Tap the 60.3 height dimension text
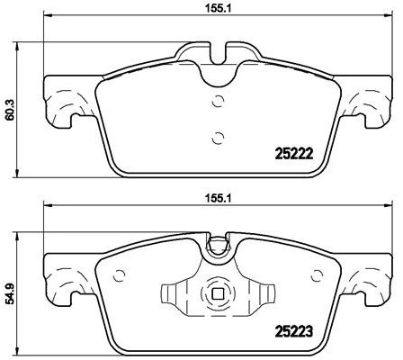(10, 109)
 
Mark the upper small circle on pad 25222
(216, 100)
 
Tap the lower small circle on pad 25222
(216, 137)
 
